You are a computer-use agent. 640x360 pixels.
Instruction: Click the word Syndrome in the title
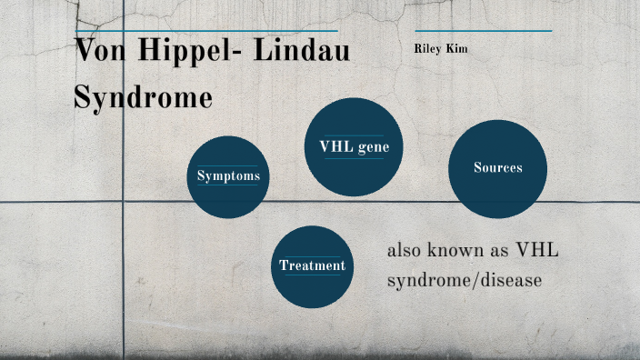point(143,96)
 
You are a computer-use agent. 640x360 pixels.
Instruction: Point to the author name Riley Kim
point(440,47)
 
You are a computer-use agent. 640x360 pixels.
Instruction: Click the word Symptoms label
point(228,176)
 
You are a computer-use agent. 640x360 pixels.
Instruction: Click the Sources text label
point(497,168)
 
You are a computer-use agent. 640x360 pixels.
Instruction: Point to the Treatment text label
point(312,265)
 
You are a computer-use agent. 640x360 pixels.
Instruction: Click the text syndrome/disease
point(465,281)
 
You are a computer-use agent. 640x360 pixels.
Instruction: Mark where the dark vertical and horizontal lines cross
point(123,201)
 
